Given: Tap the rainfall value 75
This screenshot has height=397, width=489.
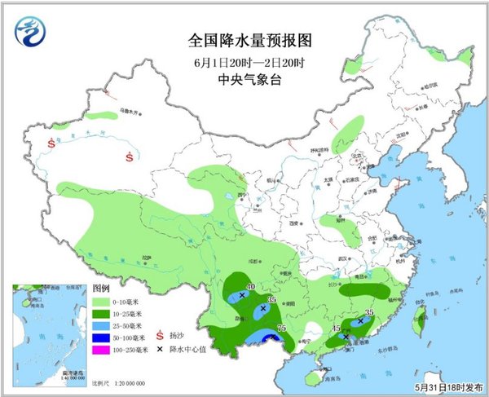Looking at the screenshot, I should point(281,328).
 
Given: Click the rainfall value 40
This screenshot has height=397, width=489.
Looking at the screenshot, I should point(252,287).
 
